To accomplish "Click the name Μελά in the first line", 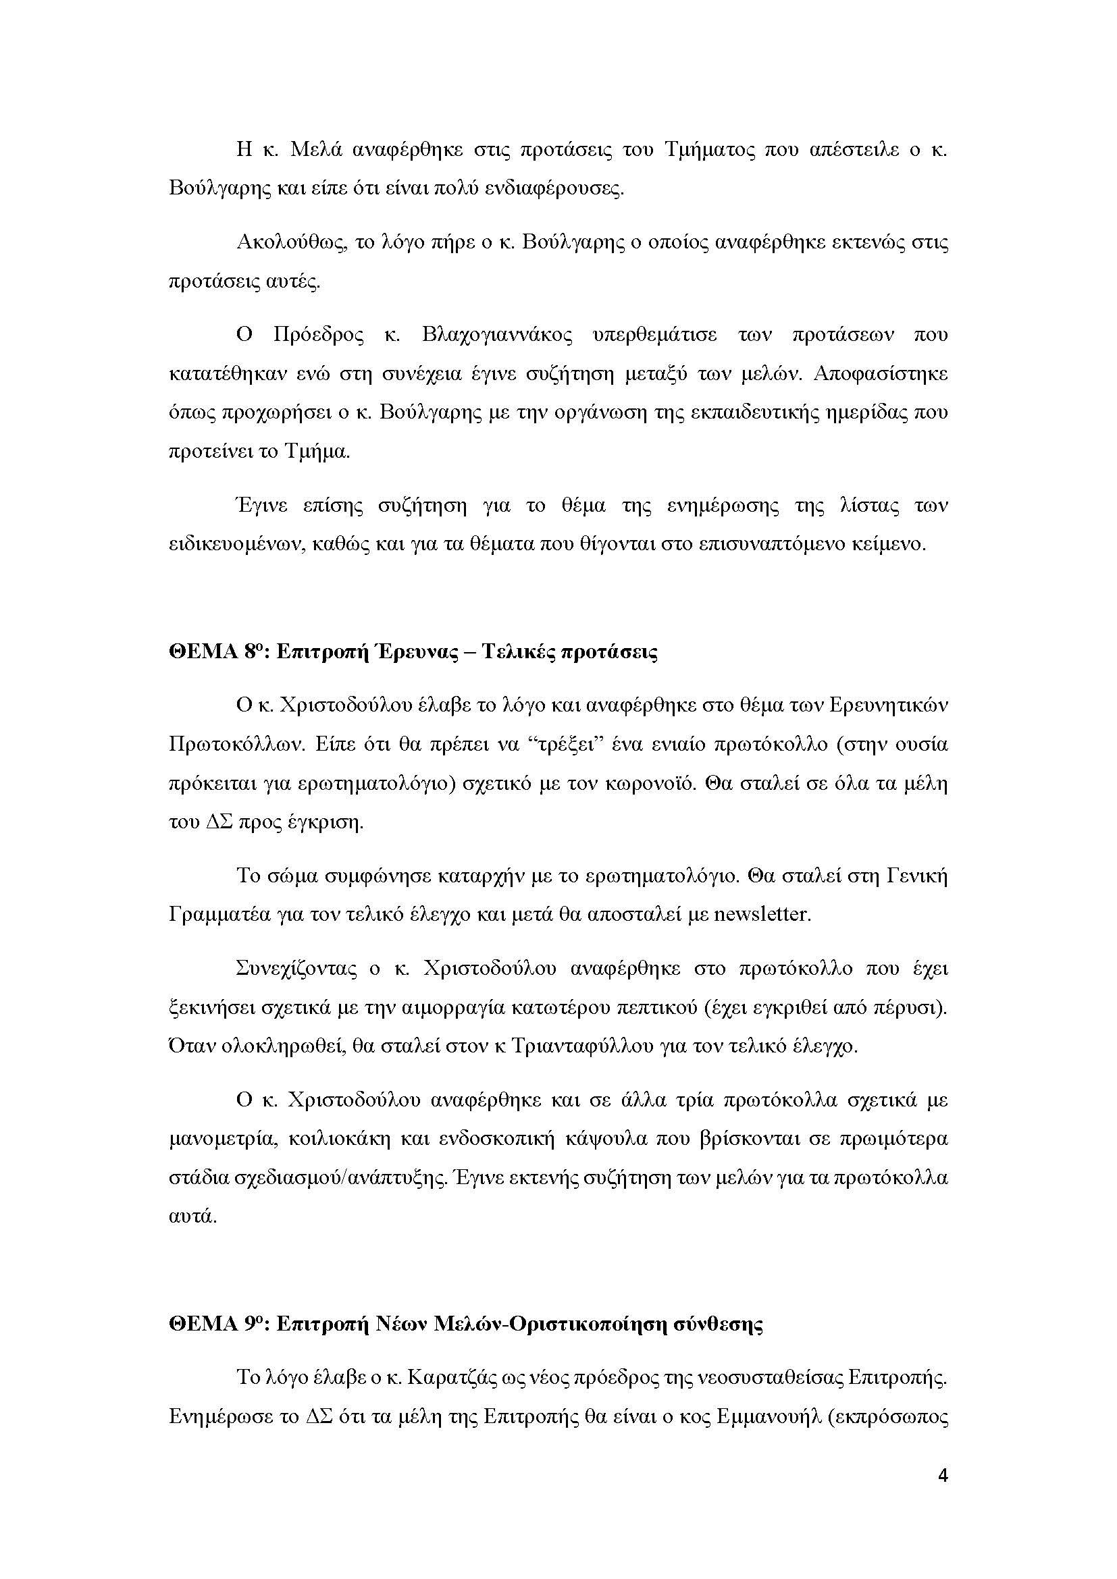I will (x=313, y=150).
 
